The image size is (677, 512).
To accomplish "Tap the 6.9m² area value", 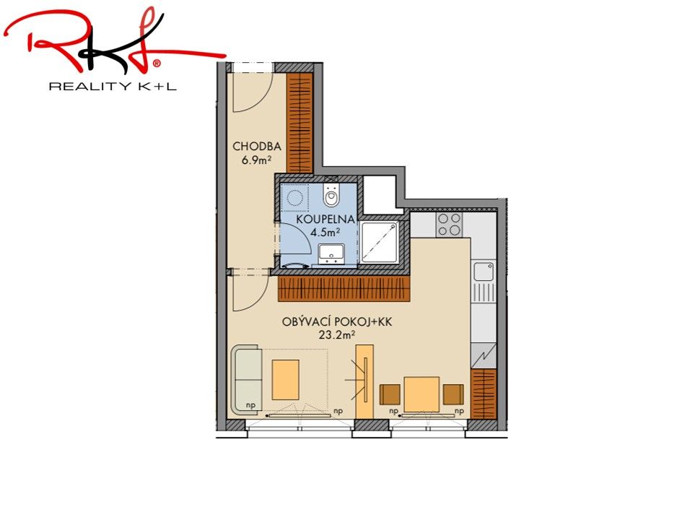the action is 256,160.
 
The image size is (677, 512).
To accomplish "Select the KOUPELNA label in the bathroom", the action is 325,219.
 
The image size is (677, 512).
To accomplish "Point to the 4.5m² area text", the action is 325,233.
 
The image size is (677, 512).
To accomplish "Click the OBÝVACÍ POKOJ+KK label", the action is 337,322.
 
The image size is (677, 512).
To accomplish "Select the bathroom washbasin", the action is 331,253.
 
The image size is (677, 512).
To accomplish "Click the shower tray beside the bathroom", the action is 380,242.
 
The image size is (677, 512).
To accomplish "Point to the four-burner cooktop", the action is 449,225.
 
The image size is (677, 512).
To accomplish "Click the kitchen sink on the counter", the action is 484,271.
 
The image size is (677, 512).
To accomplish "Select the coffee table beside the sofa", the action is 285,380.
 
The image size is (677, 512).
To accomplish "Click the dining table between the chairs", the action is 422,394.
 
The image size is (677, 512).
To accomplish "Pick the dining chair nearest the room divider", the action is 390,394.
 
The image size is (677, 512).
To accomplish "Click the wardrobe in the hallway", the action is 300,123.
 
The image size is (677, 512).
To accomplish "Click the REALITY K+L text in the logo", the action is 113,87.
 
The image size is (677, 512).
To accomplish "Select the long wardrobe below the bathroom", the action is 344,289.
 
